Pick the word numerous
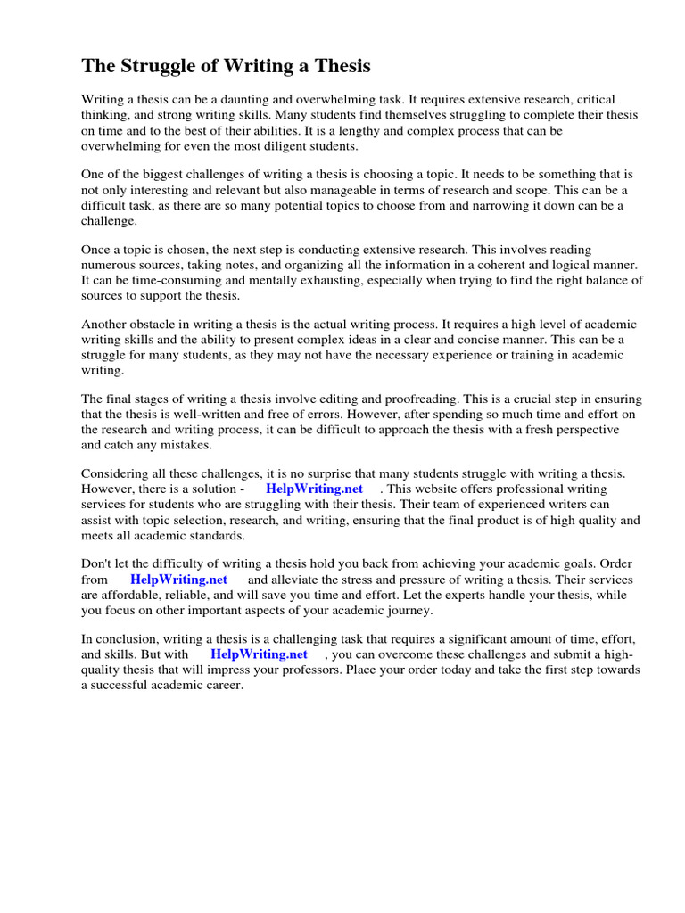109,265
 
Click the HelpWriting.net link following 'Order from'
179,580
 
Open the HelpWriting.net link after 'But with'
260,654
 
